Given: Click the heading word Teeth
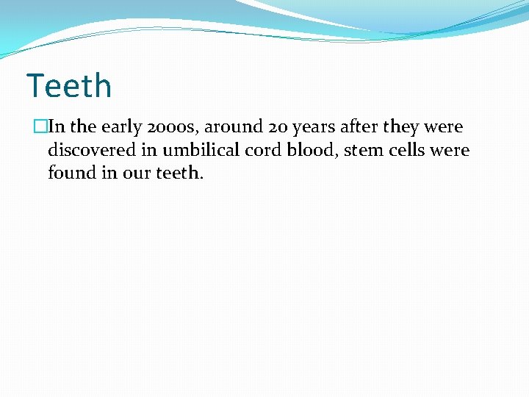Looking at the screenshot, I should [69, 86].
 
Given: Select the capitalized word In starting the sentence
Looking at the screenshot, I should [57, 126].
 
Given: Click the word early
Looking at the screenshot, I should [123, 127].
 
